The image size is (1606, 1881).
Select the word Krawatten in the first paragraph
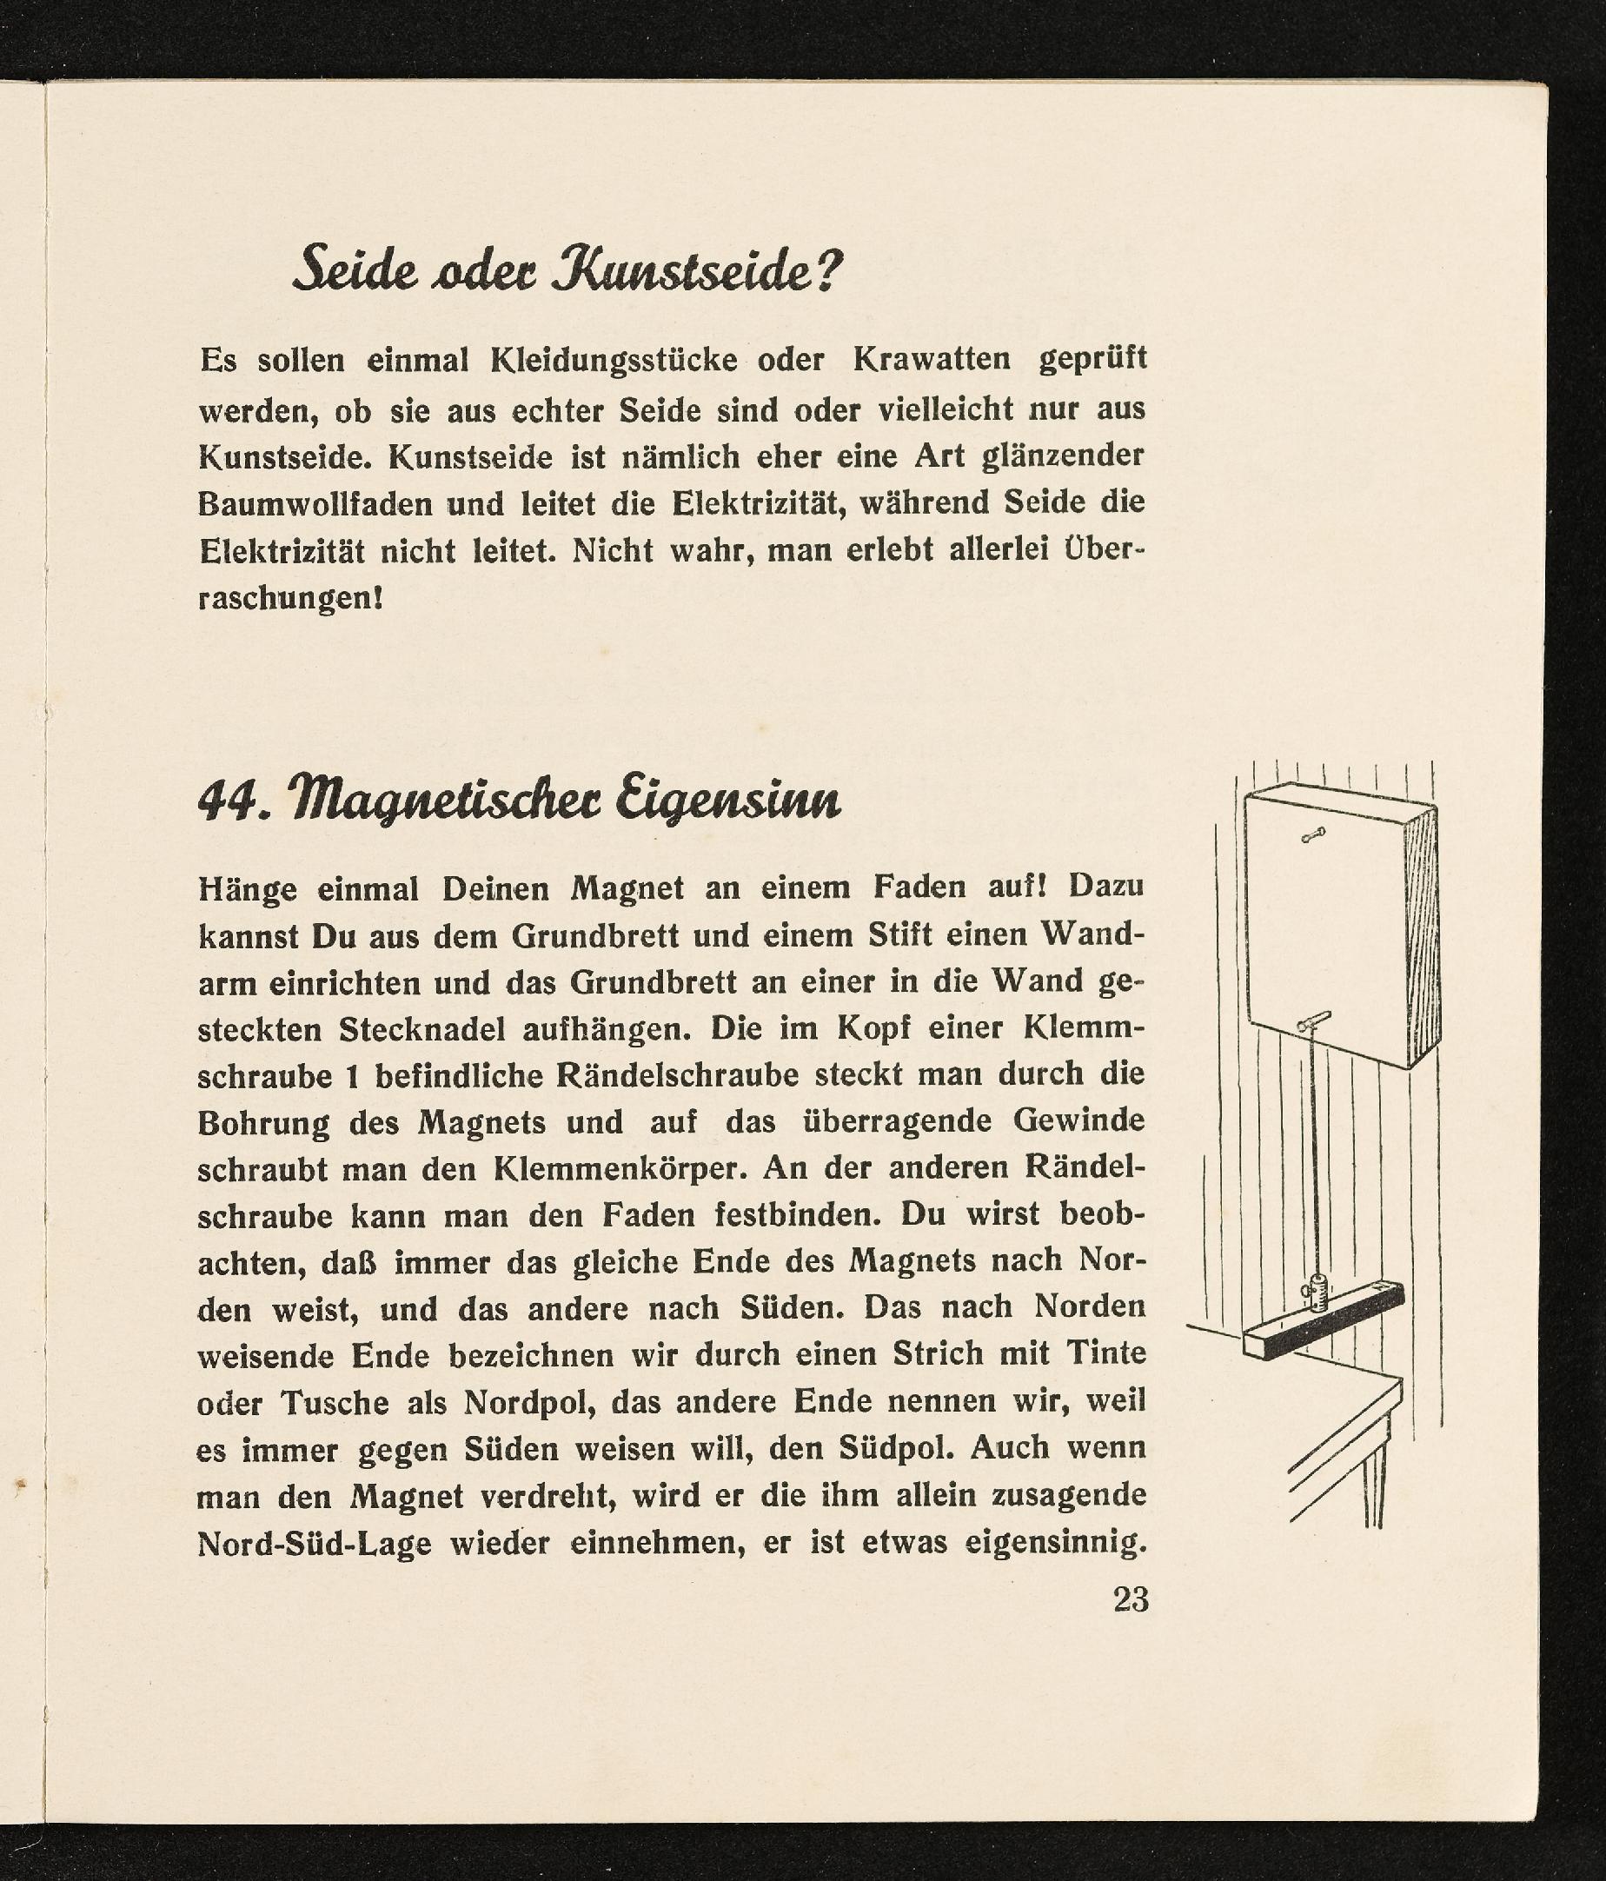pyautogui.click(x=932, y=361)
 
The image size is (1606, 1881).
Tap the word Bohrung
pyautogui.click(x=262, y=1123)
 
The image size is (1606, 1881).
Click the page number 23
pyautogui.click(x=1131, y=1599)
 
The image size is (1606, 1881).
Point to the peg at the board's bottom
pyautogui.click(x=1314, y=1022)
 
